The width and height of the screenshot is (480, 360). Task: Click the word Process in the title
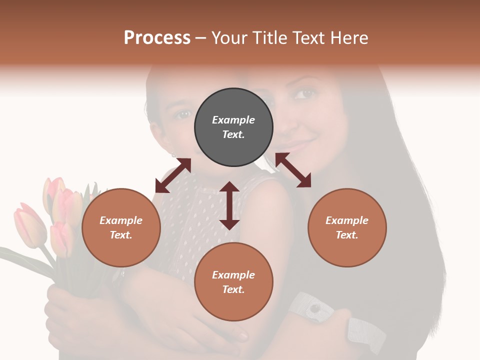[x=157, y=38]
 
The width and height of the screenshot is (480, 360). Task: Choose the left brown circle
[x=121, y=227]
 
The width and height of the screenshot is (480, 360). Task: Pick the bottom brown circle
[x=233, y=281]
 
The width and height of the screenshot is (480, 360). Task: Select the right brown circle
[x=347, y=227]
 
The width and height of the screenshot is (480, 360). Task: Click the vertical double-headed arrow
[x=229, y=205]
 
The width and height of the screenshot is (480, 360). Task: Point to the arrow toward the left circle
[x=173, y=175]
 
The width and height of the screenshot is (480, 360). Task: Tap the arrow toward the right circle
[x=293, y=170]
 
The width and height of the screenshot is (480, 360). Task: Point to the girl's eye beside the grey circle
[x=183, y=114]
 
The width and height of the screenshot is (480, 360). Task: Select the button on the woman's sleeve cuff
[x=314, y=308]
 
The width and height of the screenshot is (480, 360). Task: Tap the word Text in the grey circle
[x=233, y=134]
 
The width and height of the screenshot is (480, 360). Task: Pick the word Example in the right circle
[x=347, y=220]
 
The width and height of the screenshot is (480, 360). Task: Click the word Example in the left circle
[x=121, y=220]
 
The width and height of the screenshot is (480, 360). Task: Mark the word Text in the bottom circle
[x=233, y=289]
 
